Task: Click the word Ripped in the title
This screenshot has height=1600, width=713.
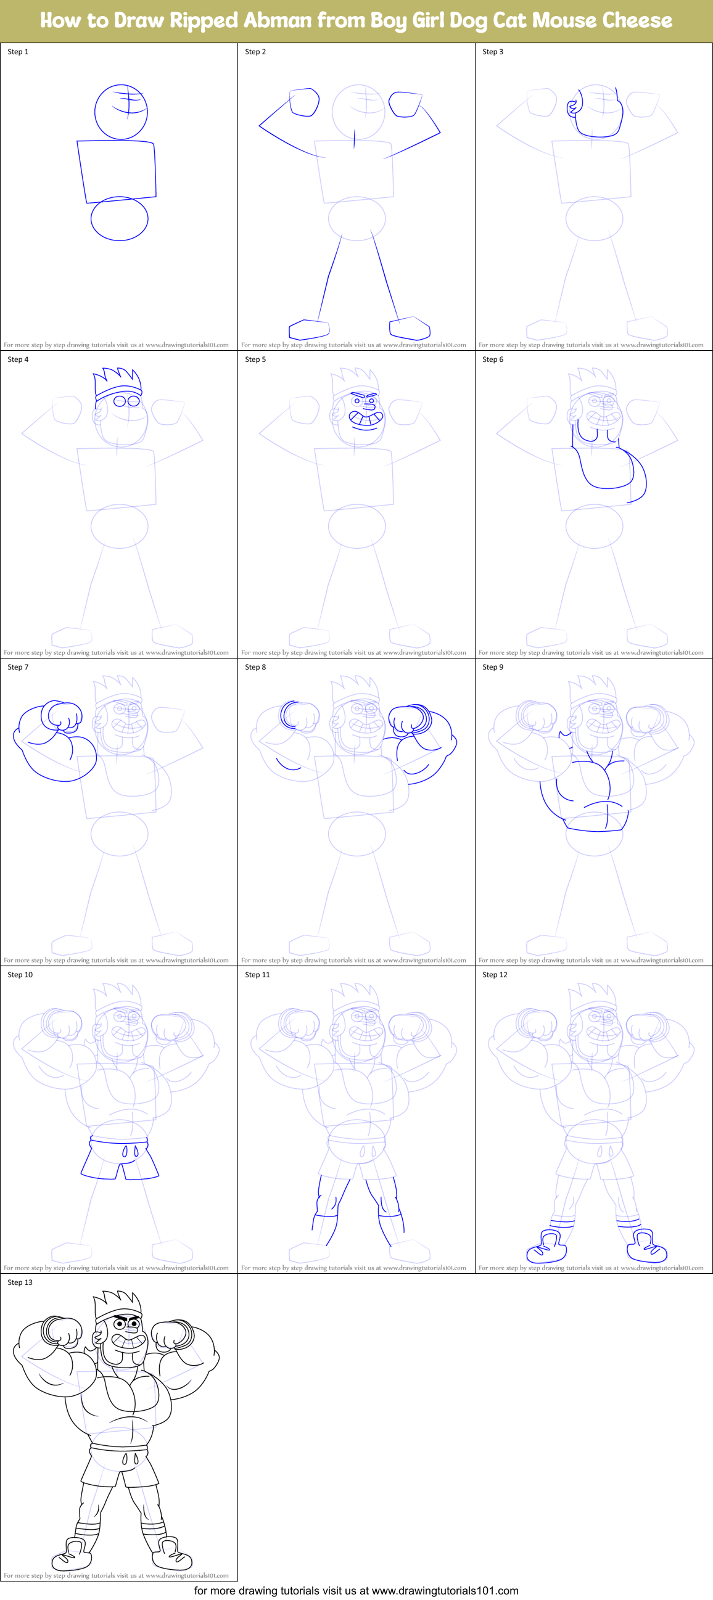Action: tap(204, 20)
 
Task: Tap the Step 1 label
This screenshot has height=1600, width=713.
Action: tap(18, 52)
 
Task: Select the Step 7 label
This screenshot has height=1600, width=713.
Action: tap(18, 667)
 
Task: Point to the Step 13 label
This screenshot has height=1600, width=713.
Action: tap(20, 1282)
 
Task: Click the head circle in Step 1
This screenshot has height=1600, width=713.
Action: tap(120, 112)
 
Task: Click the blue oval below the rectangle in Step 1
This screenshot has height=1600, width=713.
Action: tap(119, 219)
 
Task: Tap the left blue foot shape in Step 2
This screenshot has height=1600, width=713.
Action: tap(308, 329)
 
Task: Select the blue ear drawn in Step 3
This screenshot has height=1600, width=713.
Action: tap(572, 107)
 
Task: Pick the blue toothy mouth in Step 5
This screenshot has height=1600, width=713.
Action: tap(365, 420)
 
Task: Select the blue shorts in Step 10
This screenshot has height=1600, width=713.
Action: tap(120, 1159)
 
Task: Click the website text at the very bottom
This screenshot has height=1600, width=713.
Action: tap(356, 1591)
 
